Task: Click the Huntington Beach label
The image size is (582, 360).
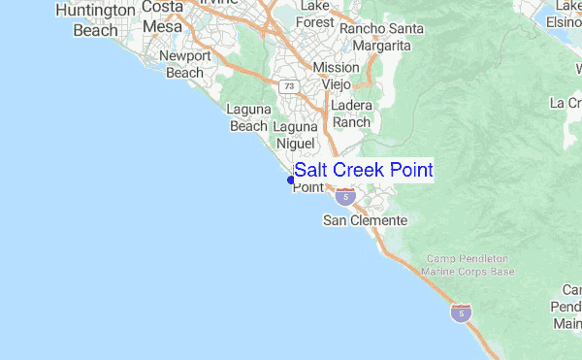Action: pos(95,19)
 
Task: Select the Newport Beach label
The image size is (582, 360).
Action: pos(185,64)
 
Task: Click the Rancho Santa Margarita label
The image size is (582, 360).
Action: pos(381,37)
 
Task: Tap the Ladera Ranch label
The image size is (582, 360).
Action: pos(351,114)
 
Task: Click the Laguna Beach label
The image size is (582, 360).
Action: pos(247,117)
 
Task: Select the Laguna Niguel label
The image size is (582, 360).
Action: pos(296,136)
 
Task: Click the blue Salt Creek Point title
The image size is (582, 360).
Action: pos(363,171)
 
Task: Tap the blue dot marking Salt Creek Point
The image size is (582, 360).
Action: pos(291,180)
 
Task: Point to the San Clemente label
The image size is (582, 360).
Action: pos(365,221)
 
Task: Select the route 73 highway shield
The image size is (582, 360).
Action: pos(288,86)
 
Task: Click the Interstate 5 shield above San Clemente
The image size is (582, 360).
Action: pos(344,197)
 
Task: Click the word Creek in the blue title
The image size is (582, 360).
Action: pos(361,171)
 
